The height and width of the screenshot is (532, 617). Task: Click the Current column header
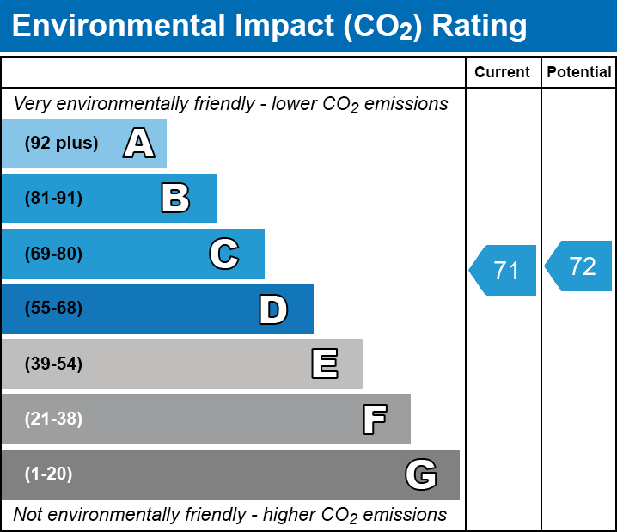point(503,73)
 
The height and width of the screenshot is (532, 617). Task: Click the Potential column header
point(579,73)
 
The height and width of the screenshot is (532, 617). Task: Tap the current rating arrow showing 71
point(504,271)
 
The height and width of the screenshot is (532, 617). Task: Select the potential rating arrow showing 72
point(581,266)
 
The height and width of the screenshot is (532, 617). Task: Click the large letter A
point(138,144)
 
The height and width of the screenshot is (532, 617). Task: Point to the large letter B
point(175,199)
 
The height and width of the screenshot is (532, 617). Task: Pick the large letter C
point(224,254)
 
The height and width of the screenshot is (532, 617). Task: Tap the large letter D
point(273,309)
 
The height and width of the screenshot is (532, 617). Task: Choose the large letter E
point(324,364)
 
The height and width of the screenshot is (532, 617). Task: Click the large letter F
point(374,419)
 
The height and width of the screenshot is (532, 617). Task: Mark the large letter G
point(421,474)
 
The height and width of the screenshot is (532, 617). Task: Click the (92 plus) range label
point(61,144)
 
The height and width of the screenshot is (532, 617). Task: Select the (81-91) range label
point(53,199)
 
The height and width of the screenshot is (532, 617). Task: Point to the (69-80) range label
point(53,254)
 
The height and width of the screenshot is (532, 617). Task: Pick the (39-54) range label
point(53,364)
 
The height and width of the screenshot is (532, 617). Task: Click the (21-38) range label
point(53,419)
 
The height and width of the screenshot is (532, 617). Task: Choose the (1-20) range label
point(49,474)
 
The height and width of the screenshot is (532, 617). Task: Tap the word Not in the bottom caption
point(28,515)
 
